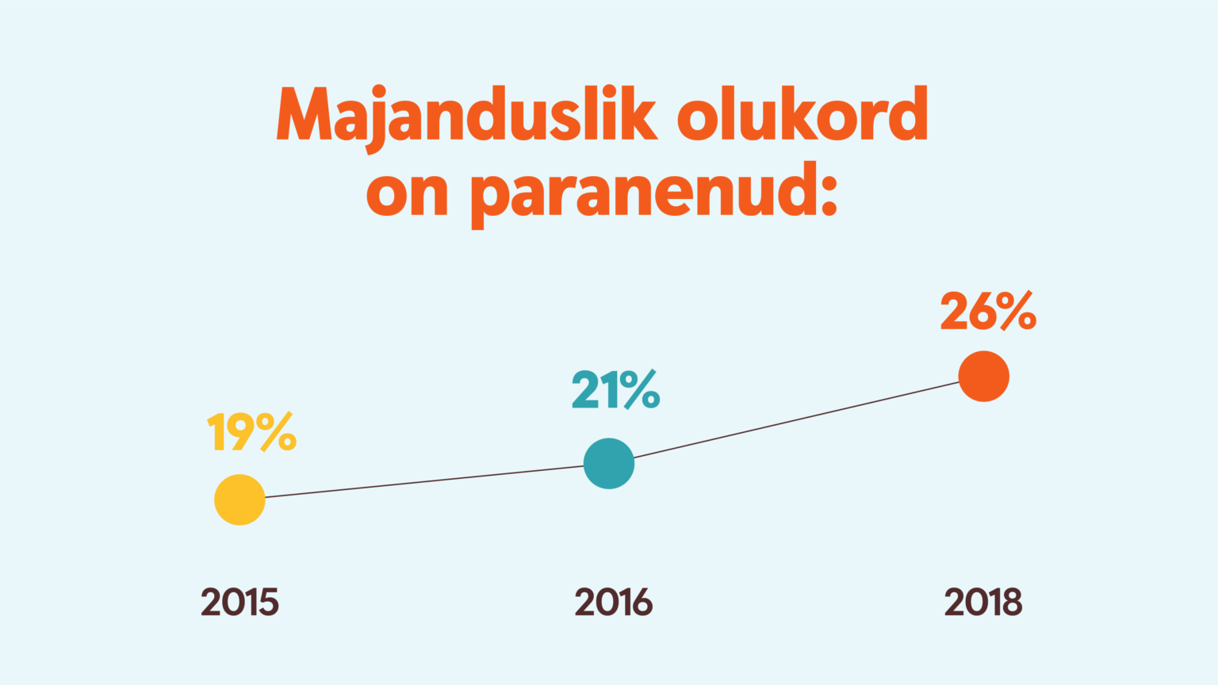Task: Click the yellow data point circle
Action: point(239,499)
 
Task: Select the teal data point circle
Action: point(609,464)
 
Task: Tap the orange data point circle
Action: point(983,377)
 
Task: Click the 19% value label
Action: point(251,431)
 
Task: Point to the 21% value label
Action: point(615,390)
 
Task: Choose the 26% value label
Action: point(989,311)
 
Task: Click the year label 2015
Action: point(239,603)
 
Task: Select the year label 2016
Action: point(613,603)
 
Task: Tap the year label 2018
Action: point(983,603)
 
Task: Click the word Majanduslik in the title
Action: point(467,117)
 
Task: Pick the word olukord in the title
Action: point(802,113)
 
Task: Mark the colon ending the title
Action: point(829,195)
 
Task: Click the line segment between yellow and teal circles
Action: point(424,482)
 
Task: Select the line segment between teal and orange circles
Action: point(796,420)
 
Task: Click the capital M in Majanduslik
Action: point(304,113)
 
